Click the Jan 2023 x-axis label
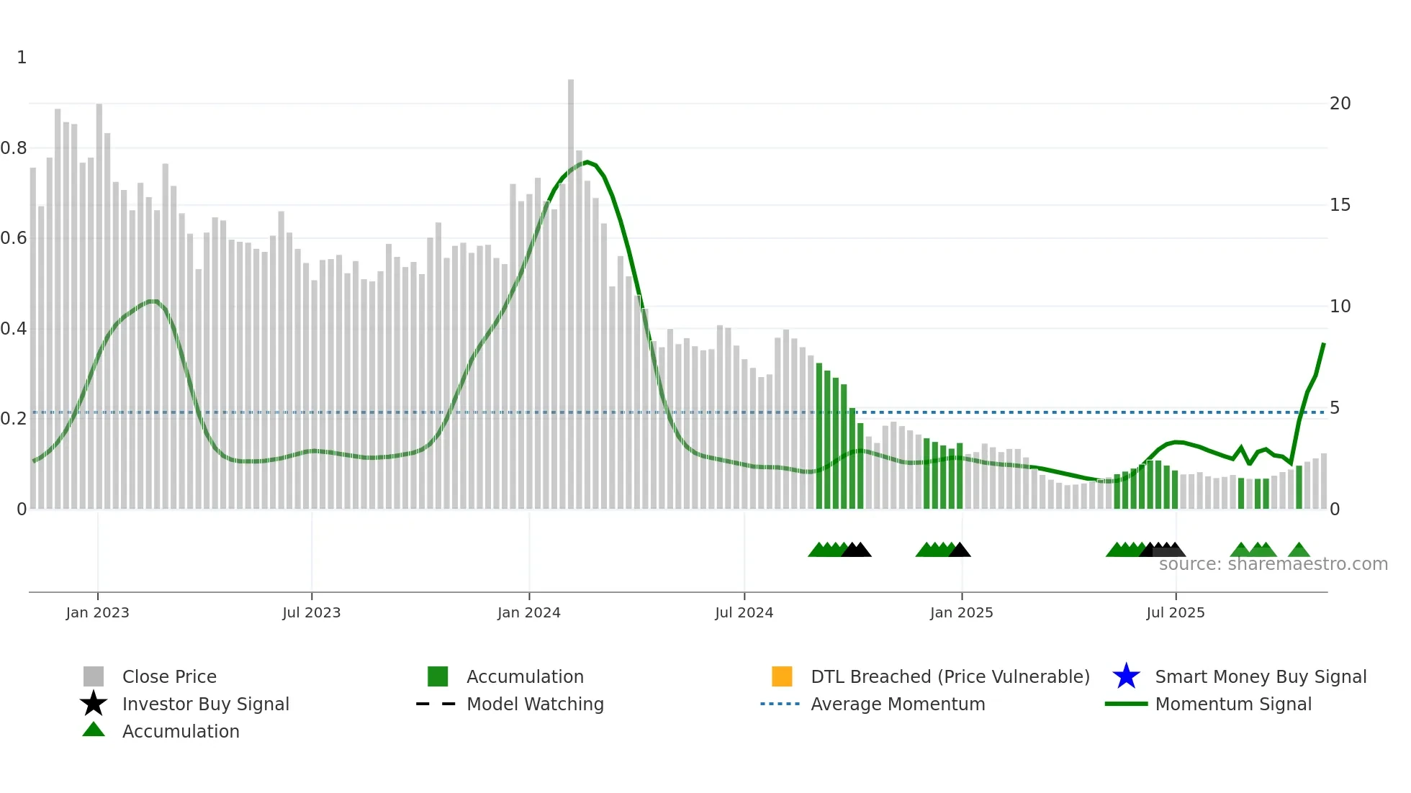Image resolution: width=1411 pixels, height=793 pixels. tap(97, 612)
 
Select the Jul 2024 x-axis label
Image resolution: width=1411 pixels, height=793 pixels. tap(744, 612)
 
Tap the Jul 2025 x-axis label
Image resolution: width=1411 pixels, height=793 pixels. tap(1175, 612)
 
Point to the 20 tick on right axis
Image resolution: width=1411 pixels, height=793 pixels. tap(1340, 104)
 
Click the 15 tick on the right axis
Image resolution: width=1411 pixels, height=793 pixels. tap(1340, 205)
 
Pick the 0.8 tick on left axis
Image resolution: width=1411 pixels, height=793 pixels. tap(14, 148)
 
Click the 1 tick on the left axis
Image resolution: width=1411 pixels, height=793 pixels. tap(22, 58)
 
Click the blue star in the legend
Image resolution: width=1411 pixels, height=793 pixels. tap(1126, 676)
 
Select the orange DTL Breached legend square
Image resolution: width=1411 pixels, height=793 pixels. tap(782, 676)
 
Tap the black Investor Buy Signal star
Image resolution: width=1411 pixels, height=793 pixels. tap(94, 704)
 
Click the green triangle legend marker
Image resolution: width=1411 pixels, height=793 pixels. tap(94, 730)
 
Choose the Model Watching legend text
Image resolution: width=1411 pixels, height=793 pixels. tap(535, 704)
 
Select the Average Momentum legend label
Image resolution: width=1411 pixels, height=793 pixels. tap(898, 704)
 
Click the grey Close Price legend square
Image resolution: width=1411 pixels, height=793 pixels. tap(94, 676)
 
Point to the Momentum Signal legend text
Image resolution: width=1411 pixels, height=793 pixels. tap(1233, 704)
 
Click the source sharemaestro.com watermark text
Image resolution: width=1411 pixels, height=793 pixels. tap(1273, 564)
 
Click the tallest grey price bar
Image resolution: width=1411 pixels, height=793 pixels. tap(571, 288)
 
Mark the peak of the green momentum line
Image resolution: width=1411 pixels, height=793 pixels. tap(587, 162)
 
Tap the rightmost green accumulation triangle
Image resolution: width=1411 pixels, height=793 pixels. tap(1299, 550)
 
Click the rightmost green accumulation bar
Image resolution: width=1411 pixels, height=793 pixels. tap(1299, 488)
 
